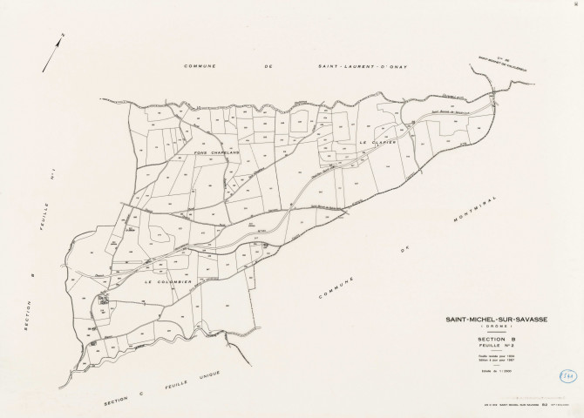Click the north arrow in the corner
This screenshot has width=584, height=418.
55,42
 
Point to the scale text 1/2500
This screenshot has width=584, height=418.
498,372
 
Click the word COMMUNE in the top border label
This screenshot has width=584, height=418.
201,67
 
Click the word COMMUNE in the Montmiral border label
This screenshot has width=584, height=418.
334,288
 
